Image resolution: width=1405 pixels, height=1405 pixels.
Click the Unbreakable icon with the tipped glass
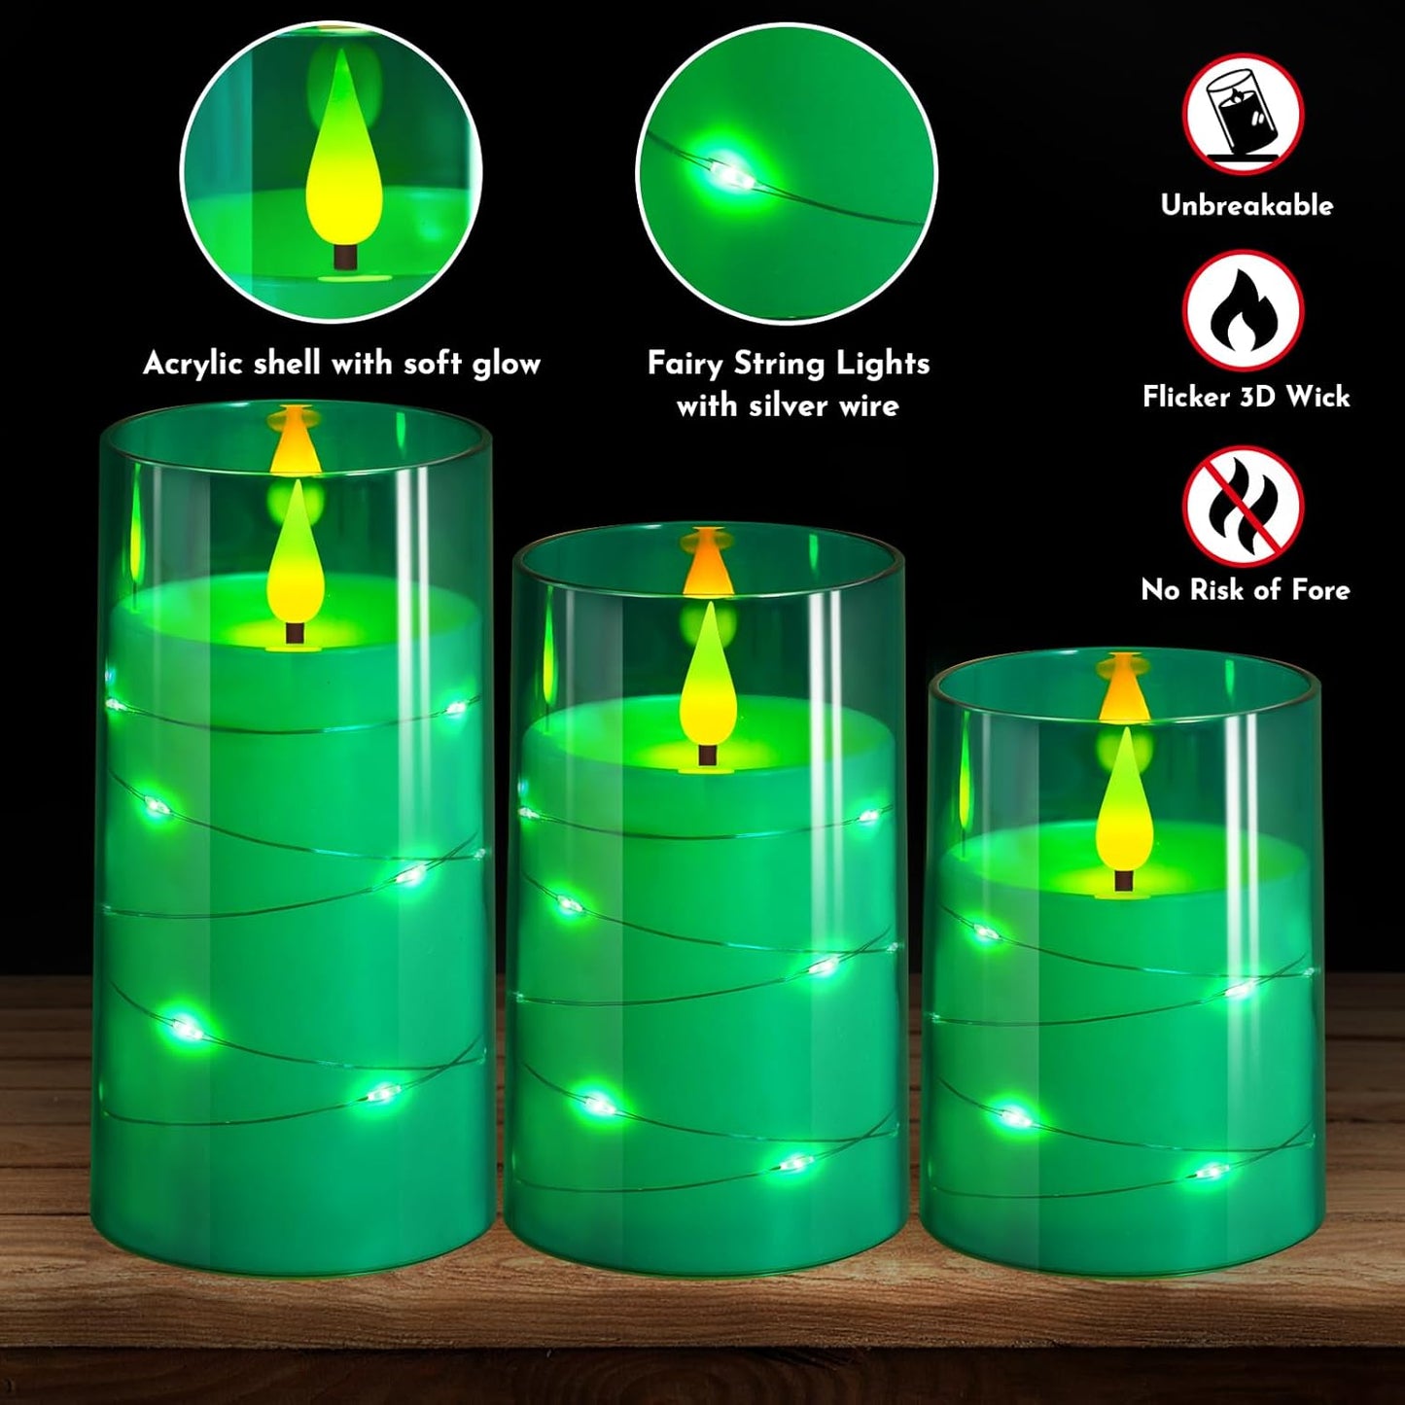point(1243,113)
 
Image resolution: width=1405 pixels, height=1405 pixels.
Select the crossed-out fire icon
point(1243,506)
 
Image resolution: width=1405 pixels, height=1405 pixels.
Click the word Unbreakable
point(1247,205)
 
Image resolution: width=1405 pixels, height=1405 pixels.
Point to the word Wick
point(1317,397)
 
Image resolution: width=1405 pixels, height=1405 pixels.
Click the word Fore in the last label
point(1320,590)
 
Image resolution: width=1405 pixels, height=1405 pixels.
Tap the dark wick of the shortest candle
point(1124,880)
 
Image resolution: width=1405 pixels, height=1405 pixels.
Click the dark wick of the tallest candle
point(295,632)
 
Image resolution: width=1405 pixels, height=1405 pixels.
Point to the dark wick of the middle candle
point(707,755)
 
